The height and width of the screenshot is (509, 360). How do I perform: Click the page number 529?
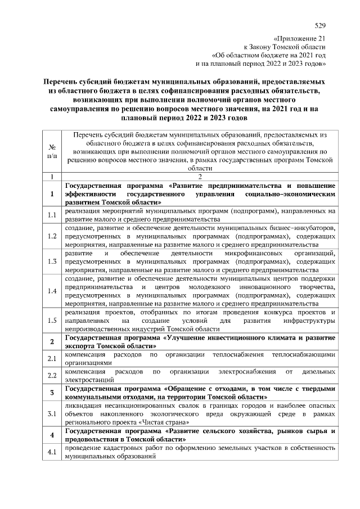[x=320, y=25]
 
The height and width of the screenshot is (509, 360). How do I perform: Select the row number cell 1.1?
[x=52, y=215]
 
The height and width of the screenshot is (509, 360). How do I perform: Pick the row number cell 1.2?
[x=52, y=236]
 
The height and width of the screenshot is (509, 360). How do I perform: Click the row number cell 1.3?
[x=52, y=262]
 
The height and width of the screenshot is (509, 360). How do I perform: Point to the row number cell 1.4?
[x=52, y=291]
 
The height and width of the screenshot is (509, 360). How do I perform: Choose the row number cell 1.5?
[x=52, y=321]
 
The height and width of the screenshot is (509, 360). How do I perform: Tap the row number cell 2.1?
[x=52, y=359]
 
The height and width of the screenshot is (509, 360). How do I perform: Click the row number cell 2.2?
[x=52, y=376]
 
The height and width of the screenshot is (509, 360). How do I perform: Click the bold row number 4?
[x=52, y=435]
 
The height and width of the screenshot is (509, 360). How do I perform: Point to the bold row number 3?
[x=52, y=393]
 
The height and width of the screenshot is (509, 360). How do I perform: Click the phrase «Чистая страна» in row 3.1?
[x=174, y=422]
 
